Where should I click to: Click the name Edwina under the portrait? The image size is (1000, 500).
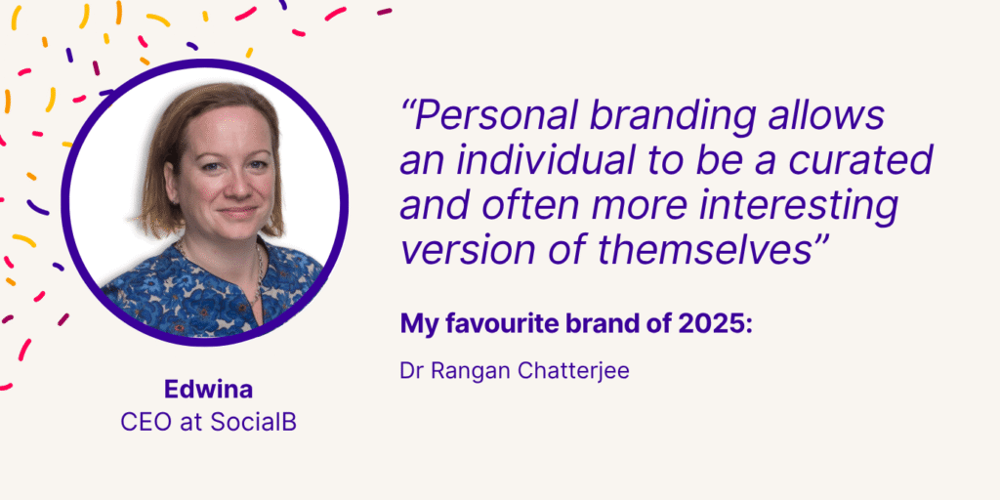[x=207, y=390]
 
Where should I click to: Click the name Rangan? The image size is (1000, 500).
[x=464, y=372]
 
